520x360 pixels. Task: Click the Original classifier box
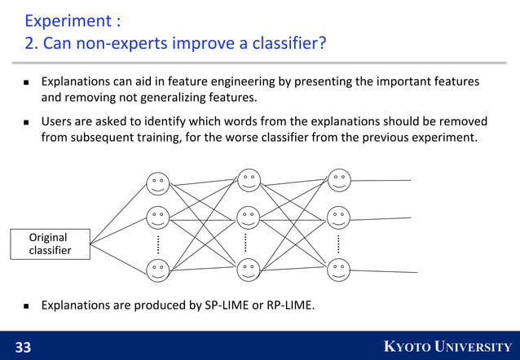point(50,244)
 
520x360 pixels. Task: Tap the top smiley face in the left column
point(157,182)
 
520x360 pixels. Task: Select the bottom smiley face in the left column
point(157,270)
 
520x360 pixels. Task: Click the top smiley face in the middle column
point(249,179)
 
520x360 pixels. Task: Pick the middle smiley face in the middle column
point(249,217)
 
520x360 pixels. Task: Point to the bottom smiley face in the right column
point(340,268)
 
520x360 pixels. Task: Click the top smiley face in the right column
point(340,179)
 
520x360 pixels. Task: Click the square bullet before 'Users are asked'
point(25,123)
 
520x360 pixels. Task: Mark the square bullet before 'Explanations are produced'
point(25,306)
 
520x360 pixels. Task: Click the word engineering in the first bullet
point(243,82)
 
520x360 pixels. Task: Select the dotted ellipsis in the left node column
point(157,244)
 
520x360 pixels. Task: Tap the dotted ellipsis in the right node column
point(340,243)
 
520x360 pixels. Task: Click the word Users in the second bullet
point(57,121)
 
